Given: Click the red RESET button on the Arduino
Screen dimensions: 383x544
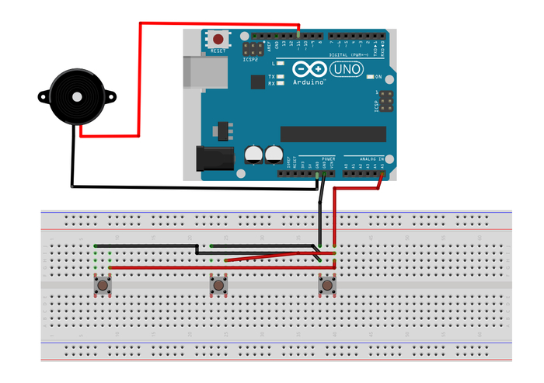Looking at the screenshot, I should [219, 39].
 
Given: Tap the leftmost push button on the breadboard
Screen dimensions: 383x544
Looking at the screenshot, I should [102, 287].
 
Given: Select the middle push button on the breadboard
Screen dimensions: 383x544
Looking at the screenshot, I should [219, 287].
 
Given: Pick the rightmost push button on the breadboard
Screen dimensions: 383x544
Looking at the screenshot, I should [328, 287].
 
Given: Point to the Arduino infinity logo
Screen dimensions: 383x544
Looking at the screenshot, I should [309, 70].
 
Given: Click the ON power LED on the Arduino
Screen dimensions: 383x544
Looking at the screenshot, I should [369, 78].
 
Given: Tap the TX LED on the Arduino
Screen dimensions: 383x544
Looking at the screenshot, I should [280, 75].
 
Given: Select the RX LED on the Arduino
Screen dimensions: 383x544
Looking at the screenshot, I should [280, 82].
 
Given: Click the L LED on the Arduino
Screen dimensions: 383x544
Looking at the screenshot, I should [280, 62].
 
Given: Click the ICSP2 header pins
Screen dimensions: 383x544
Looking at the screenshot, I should [252, 48].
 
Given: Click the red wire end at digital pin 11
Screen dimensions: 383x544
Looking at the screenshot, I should [300, 34].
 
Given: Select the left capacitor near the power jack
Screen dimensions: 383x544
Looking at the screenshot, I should [254, 153].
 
